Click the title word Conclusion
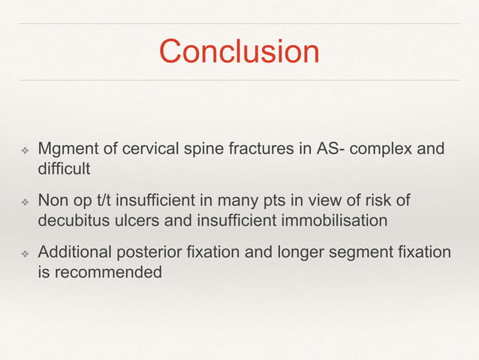239,52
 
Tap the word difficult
64,168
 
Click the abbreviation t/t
112,201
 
